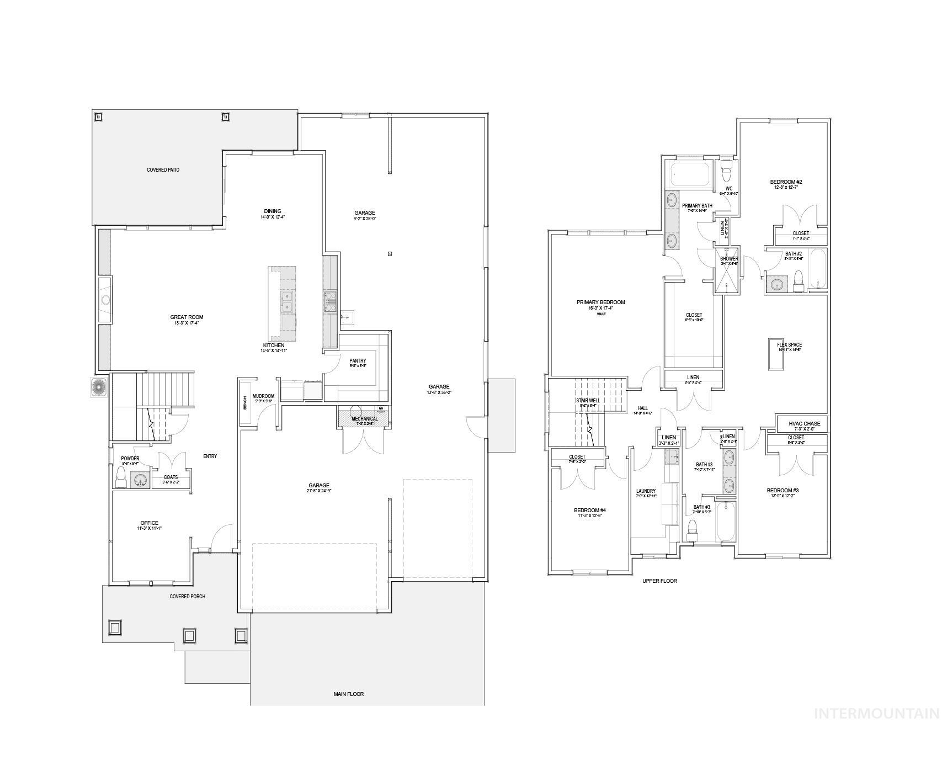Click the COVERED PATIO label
163,170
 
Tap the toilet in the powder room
120,477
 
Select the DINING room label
273,211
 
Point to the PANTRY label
358,361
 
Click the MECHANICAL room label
365,419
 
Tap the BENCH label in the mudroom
245,403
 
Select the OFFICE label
149,523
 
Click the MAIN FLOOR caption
349,694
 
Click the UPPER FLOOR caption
659,581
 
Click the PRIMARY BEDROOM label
601,302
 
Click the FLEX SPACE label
789,345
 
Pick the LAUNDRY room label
646,491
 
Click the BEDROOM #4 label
589,511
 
